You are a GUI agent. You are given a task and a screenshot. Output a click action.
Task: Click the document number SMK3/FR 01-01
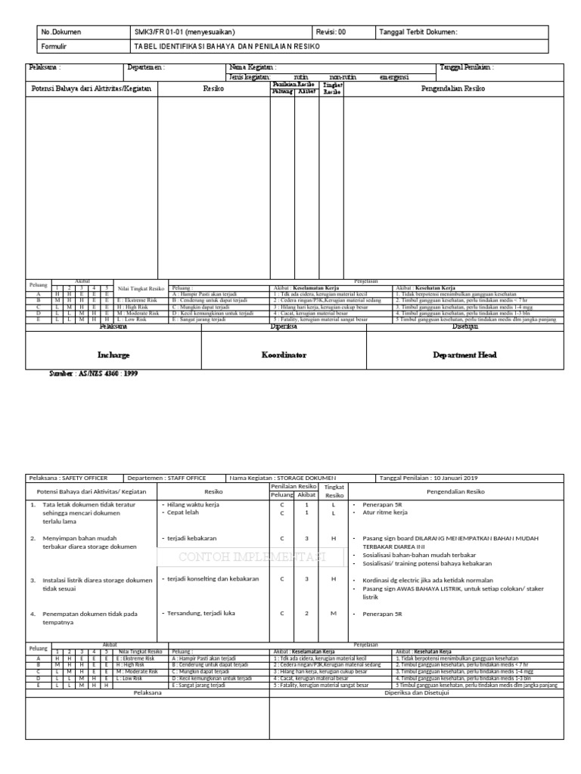[185, 32]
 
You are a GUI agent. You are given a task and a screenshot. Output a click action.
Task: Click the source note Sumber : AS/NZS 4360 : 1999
[93, 373]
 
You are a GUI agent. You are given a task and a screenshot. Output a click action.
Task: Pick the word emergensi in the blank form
[396, 77]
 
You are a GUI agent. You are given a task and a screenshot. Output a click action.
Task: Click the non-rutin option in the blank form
[344, 77]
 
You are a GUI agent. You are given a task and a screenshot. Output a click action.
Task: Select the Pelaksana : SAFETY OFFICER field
[68, 478]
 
